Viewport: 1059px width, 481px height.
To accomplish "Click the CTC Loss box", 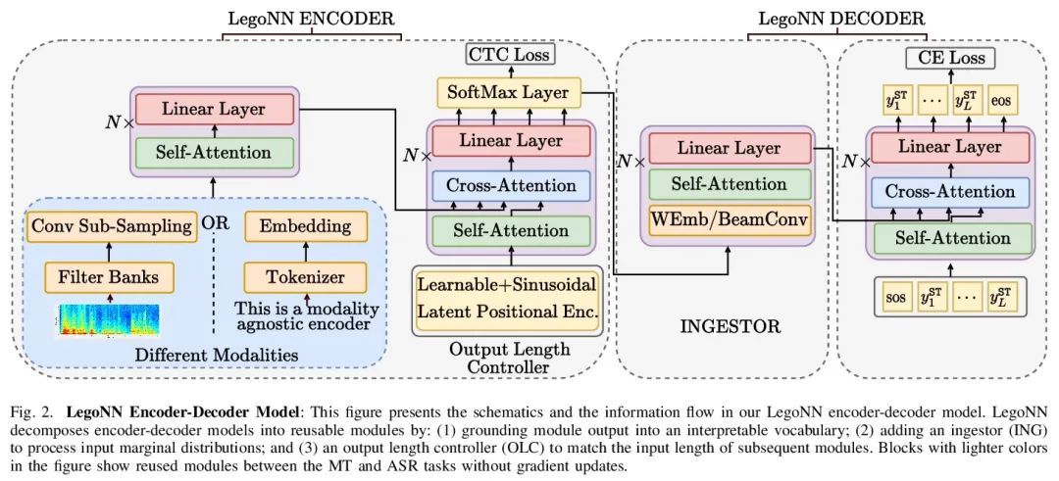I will pyautogui.click(x=507, y=55).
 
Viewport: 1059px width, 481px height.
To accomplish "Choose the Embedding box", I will pyautogui.click(x=305, y=226).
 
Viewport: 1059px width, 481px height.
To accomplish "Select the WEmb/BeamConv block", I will pyautogui.click(x=730, y=219).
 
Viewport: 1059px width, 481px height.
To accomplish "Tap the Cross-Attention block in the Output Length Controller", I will pyautogui.click(x=510, y=185).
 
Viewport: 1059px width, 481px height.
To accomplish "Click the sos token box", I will pyautogui.click(x=895, y=295).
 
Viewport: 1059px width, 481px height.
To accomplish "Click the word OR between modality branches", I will pyautogui.click(x=214, y=222).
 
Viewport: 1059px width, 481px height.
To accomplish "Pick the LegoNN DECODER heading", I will pyautogui.click(x=842, y=17).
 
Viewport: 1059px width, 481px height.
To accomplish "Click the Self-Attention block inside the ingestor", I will pyautogui.click(x=730, y=184).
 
